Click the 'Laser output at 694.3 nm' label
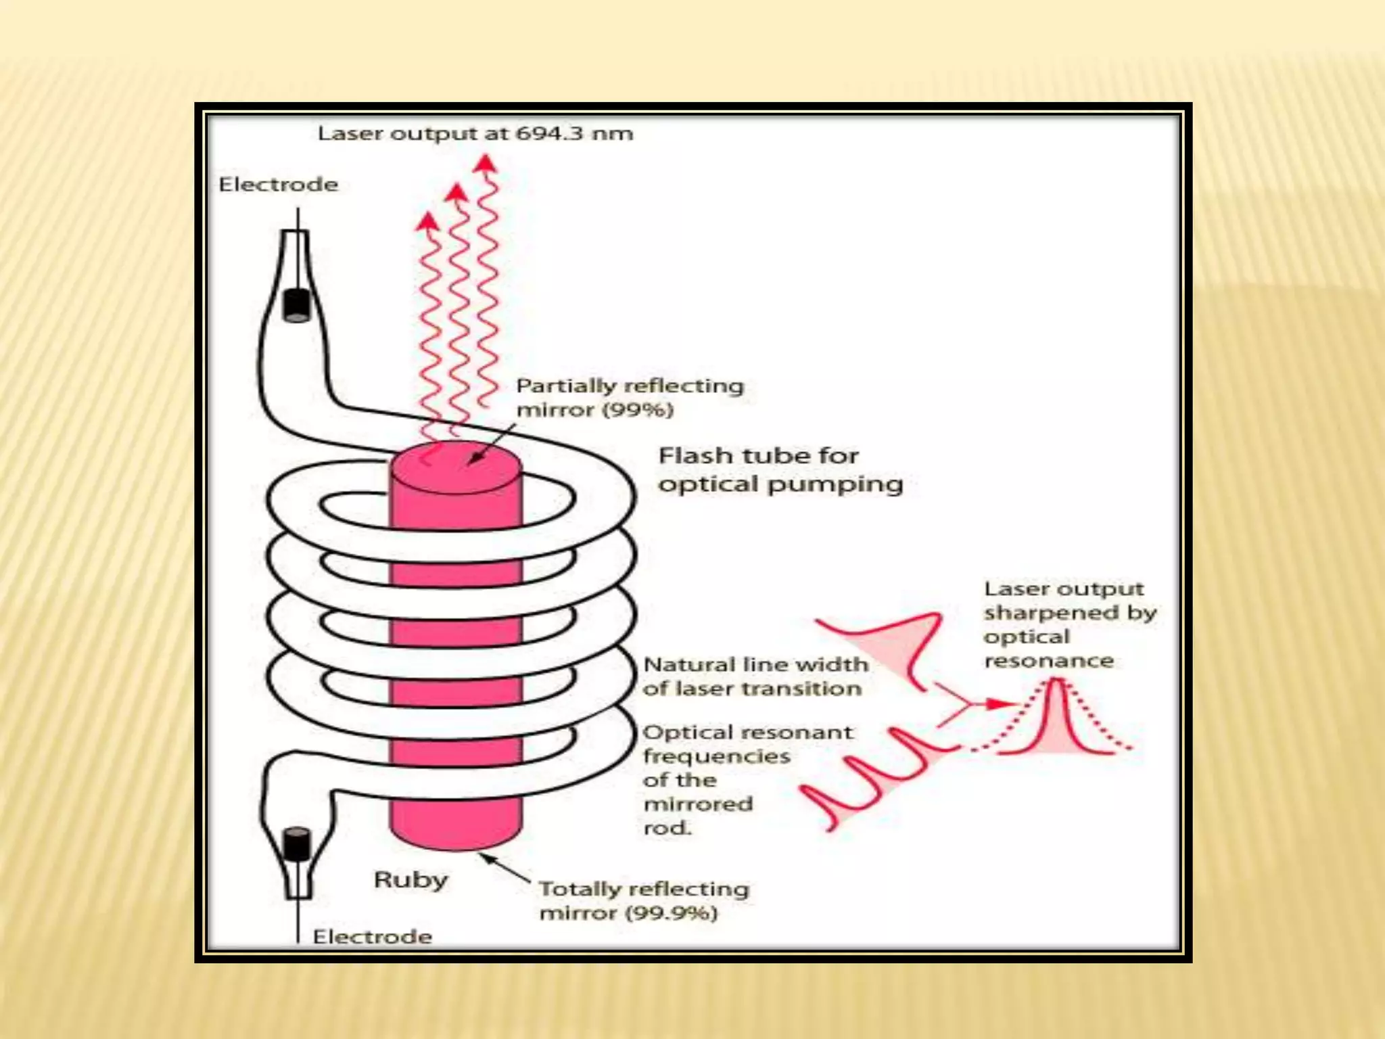click(475, 133)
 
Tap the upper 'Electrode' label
click(278, 185)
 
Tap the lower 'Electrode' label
click(372, 937)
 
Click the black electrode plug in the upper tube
click(296, 305)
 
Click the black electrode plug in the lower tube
click(296, 844)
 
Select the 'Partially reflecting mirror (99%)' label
click(629, 398)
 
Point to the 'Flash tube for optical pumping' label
click(780, 469)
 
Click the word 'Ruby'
click(410, 879)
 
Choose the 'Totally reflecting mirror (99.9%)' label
click(644, 901)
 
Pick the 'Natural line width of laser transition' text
click(755, 676)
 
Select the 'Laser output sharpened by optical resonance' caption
click(1069, 624)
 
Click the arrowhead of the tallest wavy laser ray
click(485, 164)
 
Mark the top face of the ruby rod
click(455, 466)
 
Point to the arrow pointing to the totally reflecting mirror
click(504, 868)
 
